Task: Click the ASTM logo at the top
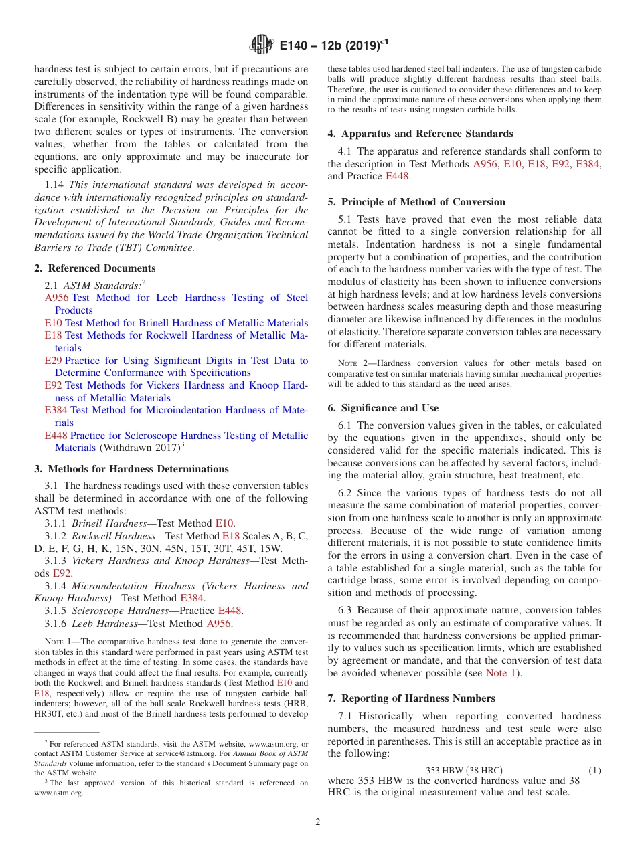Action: tap(261, 45)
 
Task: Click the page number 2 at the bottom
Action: tap(318, 822)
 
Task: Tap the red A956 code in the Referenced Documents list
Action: tap(57, 298)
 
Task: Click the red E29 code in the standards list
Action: tap(53, 361)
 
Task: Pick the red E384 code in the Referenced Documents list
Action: tap(56, 410)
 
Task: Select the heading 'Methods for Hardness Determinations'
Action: tap(138, 469)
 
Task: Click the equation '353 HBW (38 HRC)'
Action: tap(464, 770)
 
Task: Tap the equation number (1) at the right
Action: tap(594, 770)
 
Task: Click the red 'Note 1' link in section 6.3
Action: tap(501, 673)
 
